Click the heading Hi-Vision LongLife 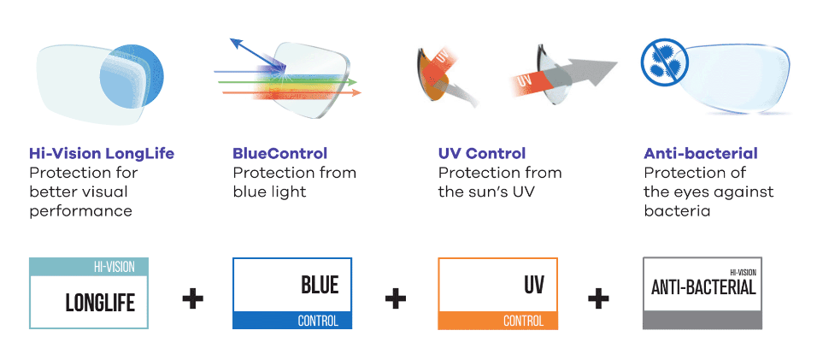tap(102, 154)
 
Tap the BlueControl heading tap(279, 154)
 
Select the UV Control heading tap(482, 154)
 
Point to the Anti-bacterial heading tap(701, 154)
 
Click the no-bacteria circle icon tap(664, 62)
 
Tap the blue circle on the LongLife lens tap(132, 78)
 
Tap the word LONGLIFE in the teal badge tap(100, 303)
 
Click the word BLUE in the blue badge tap(320, 285)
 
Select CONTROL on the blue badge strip tap(318, 321)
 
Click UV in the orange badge tap(534, 285)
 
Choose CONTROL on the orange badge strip tap(523, 321)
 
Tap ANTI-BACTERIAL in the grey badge tap(703, 287)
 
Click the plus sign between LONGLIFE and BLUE tap(193, 299)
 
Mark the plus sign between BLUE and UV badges tap(396, 299)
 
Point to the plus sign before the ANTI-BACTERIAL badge tap(598, 299)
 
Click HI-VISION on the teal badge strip tap(115, 268)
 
